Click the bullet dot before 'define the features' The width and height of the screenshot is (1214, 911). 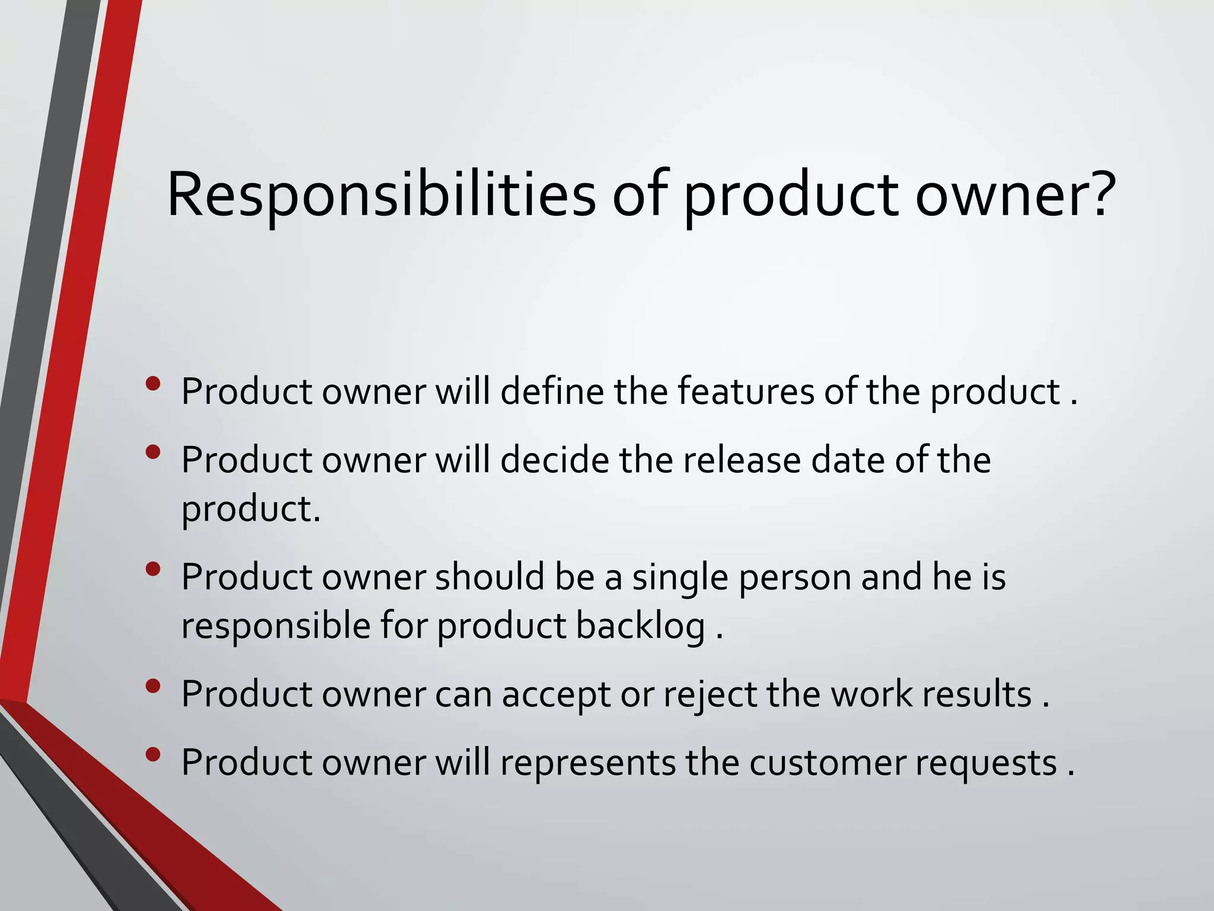click(x=153, y=384)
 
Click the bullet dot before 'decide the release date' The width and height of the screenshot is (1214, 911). click(x=153, y=453)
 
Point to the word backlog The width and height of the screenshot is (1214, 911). click(x=641, y=627)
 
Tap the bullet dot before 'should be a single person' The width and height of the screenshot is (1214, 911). click(x=153, y=569)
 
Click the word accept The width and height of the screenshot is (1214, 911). click(x=556, y=695)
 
